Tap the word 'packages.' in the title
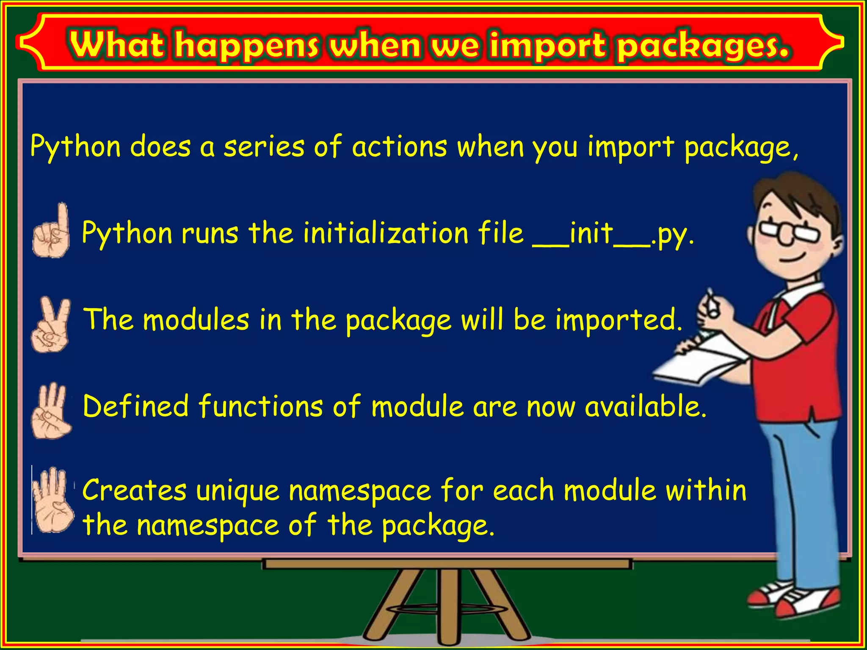coord(703,46)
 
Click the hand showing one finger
coord(52,231)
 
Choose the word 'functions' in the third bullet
coord(261,406)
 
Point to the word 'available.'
coord(646,407)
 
